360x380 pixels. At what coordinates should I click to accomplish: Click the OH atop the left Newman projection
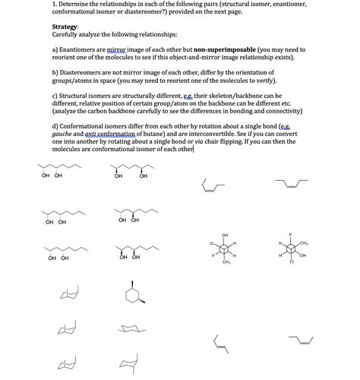[226, 234]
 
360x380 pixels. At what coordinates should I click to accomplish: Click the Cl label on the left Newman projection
[211, 243]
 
